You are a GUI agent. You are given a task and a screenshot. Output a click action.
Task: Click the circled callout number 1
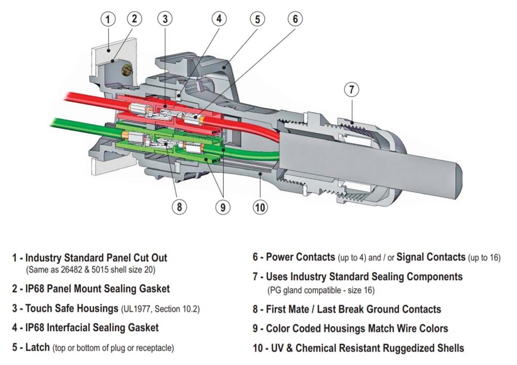(108, 20)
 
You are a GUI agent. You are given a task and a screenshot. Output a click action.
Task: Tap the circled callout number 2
(134, 20)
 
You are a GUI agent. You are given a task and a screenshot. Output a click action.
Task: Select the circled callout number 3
(164, 20)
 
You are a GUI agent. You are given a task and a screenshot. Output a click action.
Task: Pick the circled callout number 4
(219, 19)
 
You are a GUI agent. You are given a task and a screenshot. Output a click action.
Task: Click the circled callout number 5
(257, 20)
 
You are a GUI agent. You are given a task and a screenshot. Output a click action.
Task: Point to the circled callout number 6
(295, 20)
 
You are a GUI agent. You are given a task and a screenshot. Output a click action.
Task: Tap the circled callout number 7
(352, 89)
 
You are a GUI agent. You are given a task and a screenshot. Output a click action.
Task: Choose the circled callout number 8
(179, 207)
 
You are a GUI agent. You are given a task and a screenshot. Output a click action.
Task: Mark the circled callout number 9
(222, 207)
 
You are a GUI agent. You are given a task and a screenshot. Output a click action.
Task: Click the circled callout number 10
(260, 207)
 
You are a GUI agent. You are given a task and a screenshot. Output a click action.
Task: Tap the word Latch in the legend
(37, 347)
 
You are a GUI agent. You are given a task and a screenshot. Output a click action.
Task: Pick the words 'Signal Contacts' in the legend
(431, 257)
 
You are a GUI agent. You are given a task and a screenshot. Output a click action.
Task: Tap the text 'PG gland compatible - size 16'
(321, 290)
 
